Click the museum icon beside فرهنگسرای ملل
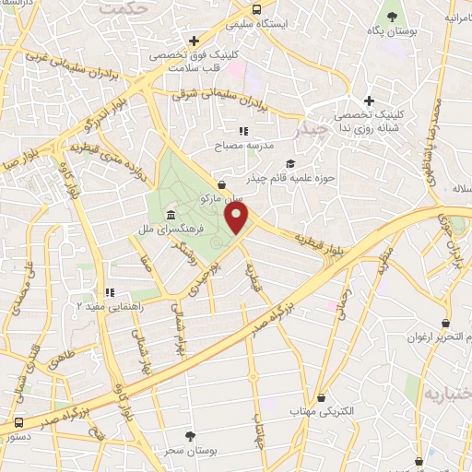pos(171,216)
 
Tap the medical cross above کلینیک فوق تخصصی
pos(194,41)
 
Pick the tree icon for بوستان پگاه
pos(391,18)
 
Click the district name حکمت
pos(151,9)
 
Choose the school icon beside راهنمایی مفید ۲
pos(109,291)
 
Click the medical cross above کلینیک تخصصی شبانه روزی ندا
pos(369,100)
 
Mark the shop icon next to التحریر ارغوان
pos(447,324)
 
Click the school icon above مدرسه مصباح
pos(244,132)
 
